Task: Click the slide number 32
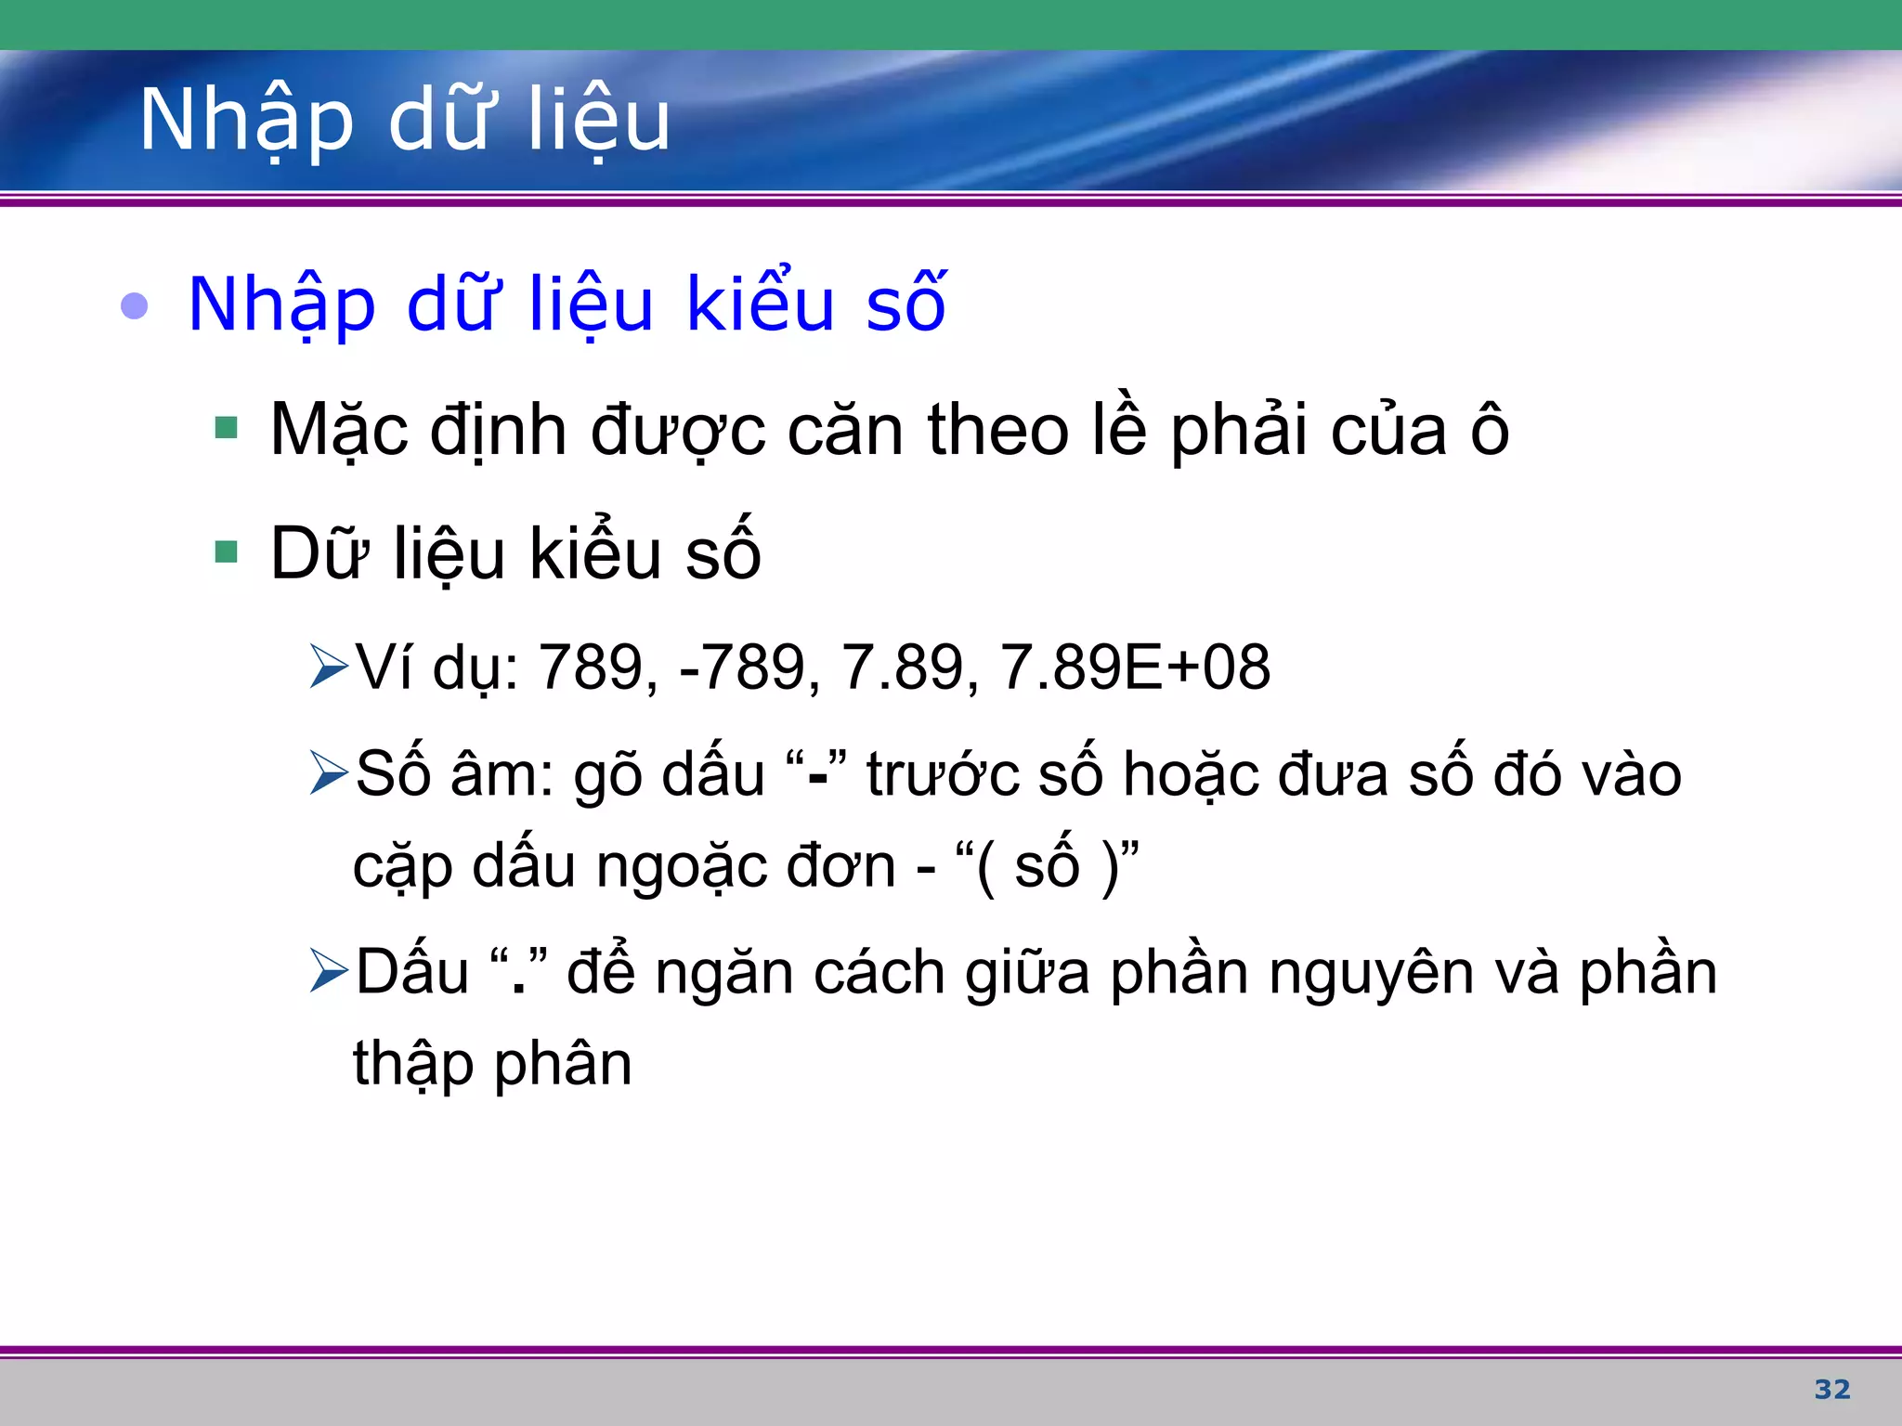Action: pos(1831,1389)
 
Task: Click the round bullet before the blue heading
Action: pos(135,305)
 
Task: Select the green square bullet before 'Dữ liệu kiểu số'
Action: pos(226,552)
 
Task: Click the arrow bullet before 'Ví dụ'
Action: pos(329,667)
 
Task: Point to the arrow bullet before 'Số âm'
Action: pos(329,773)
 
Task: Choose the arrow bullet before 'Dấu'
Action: pos(329,971)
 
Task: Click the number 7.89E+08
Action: pos(1135,667)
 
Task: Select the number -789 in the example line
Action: pos(743,667)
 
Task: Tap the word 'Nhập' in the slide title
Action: pos(246,121)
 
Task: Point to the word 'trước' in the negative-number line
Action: pos(943,775)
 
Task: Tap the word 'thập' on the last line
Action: pos(413,1065)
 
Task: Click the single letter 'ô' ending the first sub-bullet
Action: pos(1490,430)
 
